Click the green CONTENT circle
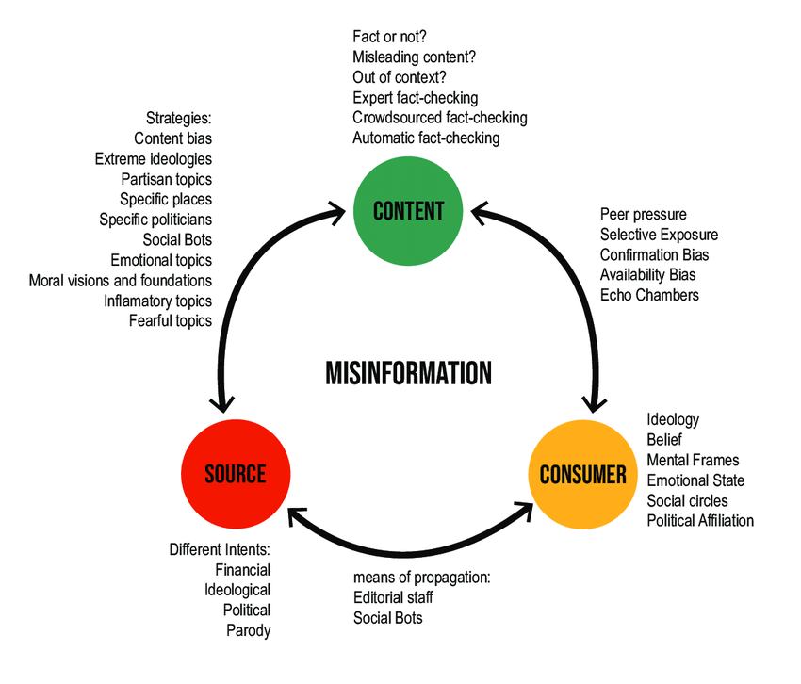[408, 210]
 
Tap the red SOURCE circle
[236, 474]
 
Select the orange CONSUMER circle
[582, 474]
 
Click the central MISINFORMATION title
[408, 373]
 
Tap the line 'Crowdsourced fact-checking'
[440, 118]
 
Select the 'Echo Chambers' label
[649, 296]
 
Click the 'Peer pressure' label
[643, 215]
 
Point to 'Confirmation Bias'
[654, 255]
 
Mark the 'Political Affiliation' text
[700, 521]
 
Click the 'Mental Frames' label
[693, 461]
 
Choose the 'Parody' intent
[248, 630]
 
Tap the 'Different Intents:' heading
[220, 549]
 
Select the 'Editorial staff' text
[393, 597]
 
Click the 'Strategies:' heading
[179, 119]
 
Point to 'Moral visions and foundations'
[121, 281]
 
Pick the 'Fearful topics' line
[171, 321]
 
